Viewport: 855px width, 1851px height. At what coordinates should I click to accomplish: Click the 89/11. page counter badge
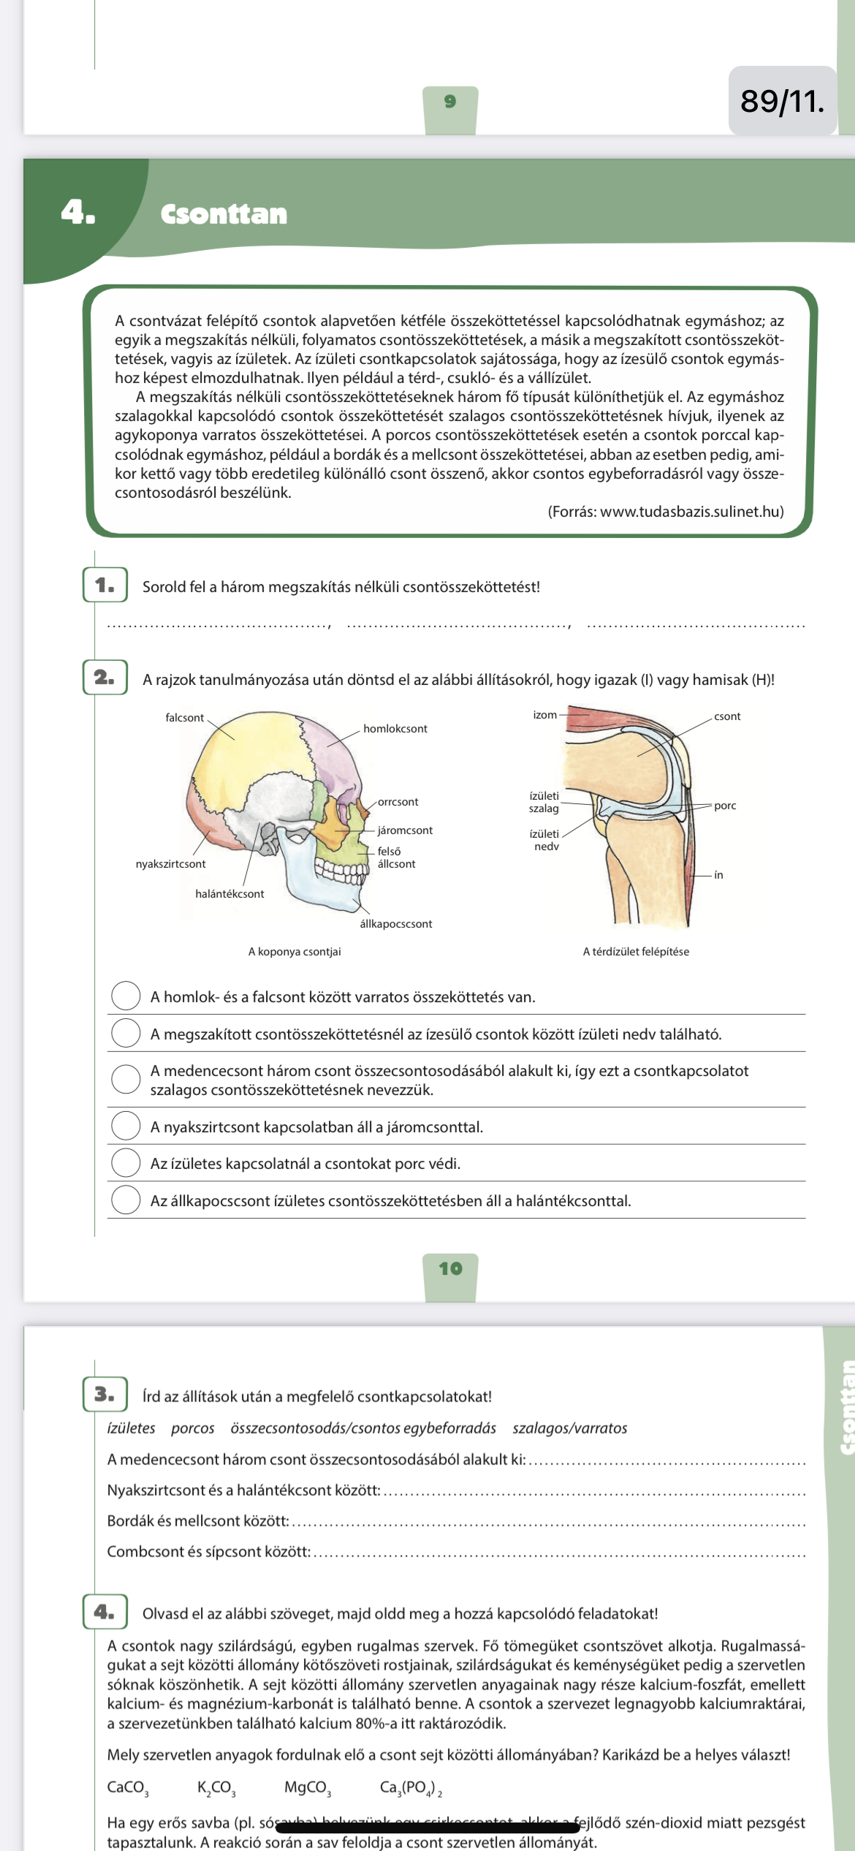point(783,101)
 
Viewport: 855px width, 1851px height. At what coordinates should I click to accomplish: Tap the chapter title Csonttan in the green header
point(224,214)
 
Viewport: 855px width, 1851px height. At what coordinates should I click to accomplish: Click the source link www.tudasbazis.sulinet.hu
point(689,512)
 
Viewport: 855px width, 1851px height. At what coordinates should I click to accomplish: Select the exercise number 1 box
point(105,585)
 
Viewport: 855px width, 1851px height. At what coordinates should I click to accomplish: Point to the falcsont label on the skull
point(184,718)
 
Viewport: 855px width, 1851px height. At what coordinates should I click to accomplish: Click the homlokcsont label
point(395,729)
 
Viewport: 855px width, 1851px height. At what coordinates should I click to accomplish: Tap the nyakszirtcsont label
point(170,864)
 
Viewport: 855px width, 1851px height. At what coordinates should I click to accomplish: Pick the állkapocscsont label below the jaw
point(396,924)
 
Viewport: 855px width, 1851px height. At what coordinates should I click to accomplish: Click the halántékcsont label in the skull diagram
point(229,894)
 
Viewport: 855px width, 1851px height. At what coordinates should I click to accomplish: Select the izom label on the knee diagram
point(545,715)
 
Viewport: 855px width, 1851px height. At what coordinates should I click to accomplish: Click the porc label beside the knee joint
point(725,806)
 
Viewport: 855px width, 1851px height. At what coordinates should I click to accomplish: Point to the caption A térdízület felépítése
point(636,952)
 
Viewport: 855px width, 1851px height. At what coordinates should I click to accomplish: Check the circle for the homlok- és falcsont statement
point(126,996)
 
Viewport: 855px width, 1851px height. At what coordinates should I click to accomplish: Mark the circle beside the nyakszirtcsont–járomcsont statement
point(126,1126)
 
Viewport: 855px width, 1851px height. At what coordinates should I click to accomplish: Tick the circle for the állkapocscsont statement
point(126,1200)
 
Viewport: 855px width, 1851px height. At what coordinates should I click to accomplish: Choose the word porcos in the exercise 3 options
point(193,1428)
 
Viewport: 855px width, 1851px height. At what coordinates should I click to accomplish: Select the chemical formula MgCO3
point(308,1788)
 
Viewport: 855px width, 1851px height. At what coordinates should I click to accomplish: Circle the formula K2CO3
point(216,1788)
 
